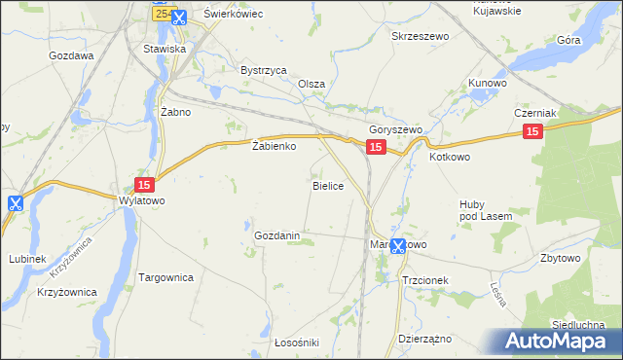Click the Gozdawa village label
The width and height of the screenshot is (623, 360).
(x=71, y=55)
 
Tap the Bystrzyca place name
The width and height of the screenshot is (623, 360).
(x=263, y=70)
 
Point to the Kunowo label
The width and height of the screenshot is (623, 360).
(x=488, y=84)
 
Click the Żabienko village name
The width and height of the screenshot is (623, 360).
(x=274, y=147)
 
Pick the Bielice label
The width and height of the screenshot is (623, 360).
(x=327, y=185)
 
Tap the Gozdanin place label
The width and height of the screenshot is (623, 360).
(x=282, y=236)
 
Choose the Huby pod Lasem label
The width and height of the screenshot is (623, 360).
(x=478, y=210)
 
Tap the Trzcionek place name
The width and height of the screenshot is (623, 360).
(x=424, y=279)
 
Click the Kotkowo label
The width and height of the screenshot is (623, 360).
(x=449, y=156)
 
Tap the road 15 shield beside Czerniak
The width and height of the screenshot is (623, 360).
(x=531, y=131)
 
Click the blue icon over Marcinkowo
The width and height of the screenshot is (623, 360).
(x=397, y=246)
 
